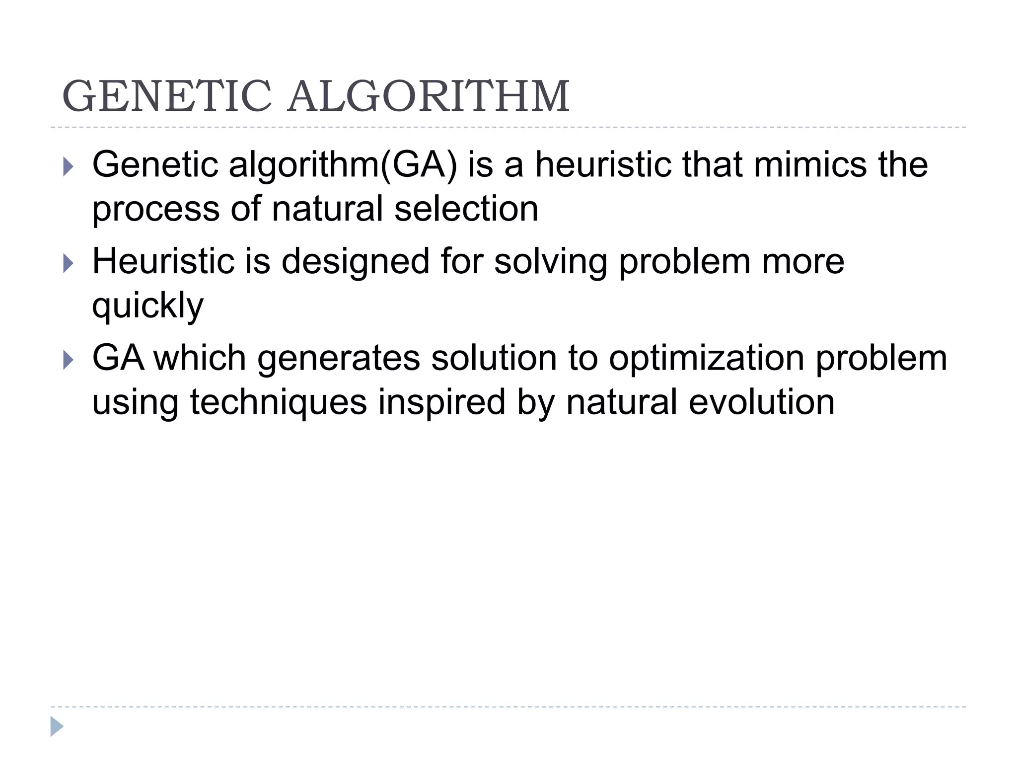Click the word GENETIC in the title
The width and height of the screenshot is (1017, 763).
[x=167, y=97]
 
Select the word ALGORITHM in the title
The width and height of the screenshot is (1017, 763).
[x=429, y=97]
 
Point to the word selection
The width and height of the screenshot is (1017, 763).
[x=466, y=209]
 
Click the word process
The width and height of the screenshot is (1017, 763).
[x=155, y=210]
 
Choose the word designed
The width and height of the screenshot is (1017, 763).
[x=355, y=262]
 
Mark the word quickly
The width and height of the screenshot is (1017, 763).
[x=147, y=305]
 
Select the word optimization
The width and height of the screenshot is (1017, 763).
[x=706, y=359]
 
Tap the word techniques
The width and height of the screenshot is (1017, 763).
[x=278, y=402]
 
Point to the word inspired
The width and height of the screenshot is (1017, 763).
[x=441, y=402]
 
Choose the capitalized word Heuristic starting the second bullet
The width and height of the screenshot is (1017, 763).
[x=163, y=261]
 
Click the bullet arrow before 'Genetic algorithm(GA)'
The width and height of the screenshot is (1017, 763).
[x=69, y=167]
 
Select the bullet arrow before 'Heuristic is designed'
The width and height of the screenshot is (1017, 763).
[x=69, y=263]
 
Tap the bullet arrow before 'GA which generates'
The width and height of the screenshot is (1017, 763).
[x=69, y=360]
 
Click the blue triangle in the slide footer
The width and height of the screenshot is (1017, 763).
[x=57, y=726]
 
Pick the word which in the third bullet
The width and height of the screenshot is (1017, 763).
[x=199, y=359]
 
